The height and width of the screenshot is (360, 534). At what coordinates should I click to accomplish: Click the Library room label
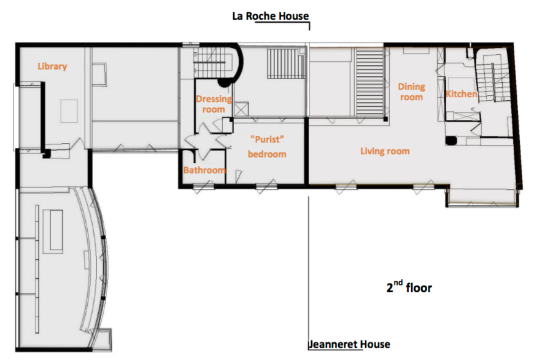click(52, 66)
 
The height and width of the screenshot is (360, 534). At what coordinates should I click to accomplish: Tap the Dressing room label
click(214, 104)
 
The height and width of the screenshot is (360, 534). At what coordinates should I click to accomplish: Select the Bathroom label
click(204, 170)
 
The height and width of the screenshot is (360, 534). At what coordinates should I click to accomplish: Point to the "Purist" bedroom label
click(267, 147)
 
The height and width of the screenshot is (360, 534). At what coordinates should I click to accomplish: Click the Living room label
click(385, 151)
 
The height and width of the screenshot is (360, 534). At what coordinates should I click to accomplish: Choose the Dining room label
click(411, 92)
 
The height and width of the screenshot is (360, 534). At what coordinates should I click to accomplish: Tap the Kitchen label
click(462, 94)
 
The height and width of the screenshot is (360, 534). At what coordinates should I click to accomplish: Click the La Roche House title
click(271, 16)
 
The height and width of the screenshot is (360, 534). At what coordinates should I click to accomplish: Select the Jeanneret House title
click(349, 344)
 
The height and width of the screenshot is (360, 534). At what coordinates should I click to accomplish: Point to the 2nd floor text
click(409, 287)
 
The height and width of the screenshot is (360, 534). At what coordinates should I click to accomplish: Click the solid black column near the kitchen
click(451, 141)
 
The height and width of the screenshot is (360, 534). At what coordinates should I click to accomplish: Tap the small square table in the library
click(69, 111)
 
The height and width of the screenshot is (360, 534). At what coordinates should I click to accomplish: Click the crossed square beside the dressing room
click(241, 109)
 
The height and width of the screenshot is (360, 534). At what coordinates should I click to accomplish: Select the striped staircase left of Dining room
click(370, 82)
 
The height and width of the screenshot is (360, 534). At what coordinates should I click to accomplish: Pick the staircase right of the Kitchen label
click(493, 82)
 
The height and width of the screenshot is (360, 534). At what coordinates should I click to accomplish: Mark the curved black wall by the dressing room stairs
click(233, 65)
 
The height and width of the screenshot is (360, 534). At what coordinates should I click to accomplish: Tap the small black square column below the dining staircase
click(385, 119)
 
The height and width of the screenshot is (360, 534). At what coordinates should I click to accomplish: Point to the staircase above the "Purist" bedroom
click(286, 64)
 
